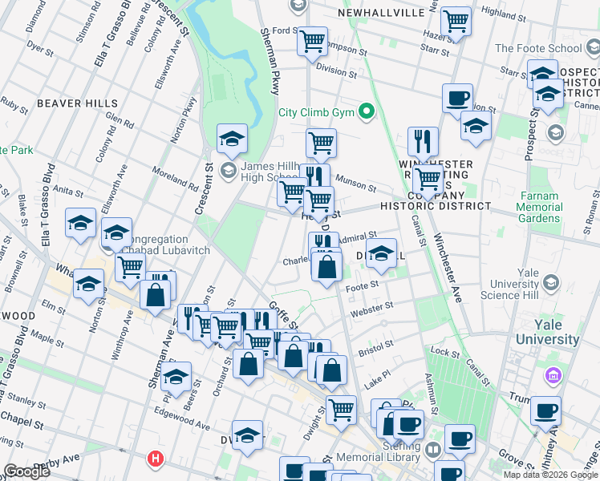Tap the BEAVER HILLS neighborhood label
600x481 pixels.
coord(67,103)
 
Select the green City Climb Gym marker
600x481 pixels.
coord(367,111)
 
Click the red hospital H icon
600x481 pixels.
coord(155,459)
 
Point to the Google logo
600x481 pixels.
coord(26,471)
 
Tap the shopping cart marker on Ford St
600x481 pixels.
coord(312,40)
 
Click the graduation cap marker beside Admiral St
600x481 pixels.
coord(383,253)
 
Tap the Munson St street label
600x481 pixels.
coord(355,184)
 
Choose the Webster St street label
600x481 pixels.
coord(376,306)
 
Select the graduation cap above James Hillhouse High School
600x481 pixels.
coord(232,138)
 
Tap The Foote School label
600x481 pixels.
coord(538,48)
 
